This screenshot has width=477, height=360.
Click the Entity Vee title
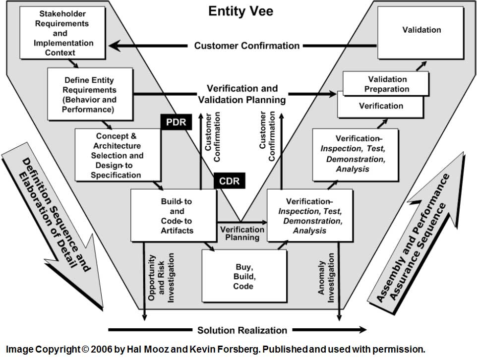pos(241,11)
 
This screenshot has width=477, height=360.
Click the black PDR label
pos(176,121)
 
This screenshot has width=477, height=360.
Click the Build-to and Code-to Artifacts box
pos(174,216)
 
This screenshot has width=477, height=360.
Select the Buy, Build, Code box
pos(244,276)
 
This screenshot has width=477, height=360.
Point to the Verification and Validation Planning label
pos(242,94)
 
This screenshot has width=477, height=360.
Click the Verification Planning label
pos(242,233)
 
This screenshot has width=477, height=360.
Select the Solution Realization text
pos(242,330)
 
